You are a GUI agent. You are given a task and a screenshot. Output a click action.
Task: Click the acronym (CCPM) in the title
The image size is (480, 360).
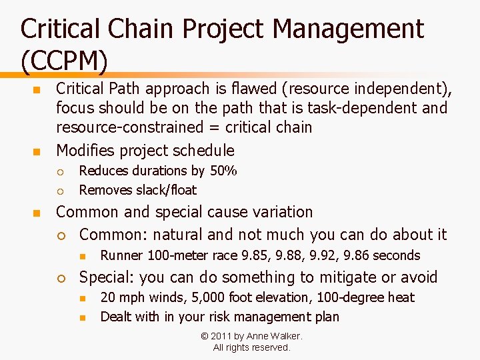(64, 61)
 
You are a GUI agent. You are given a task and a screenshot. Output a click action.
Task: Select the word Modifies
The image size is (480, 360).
(87, 150)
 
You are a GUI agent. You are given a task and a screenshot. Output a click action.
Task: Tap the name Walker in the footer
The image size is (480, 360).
(285, 336)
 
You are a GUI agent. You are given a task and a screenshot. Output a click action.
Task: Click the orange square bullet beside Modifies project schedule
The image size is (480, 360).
(37, 151)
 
